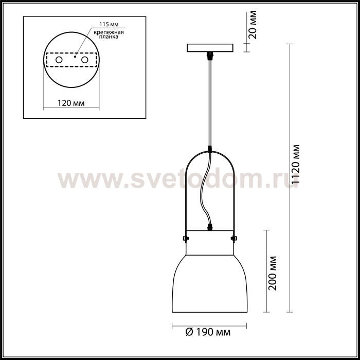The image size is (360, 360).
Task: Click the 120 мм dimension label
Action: point(71,103)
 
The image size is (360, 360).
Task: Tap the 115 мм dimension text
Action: point(109,25)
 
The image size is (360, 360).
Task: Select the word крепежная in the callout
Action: point(109,32)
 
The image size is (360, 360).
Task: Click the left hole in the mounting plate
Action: point(59,60)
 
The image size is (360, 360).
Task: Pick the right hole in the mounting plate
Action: point(85,60)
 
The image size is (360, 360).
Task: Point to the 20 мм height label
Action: point(253,25)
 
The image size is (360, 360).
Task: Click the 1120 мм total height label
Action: point(296,164)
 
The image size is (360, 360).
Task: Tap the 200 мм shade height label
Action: point(273,273)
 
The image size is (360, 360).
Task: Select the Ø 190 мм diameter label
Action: point(208,332)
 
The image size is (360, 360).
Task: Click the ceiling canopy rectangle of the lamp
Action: point(210,48)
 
